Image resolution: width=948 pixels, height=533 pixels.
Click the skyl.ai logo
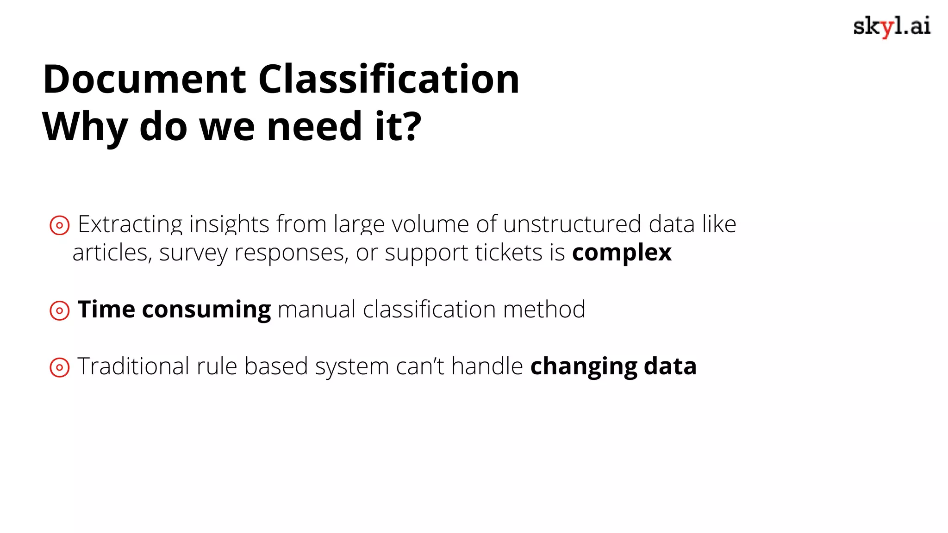[892, 27]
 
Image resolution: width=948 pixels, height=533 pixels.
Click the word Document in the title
[144, 79]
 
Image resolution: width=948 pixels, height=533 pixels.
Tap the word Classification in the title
[388, 79]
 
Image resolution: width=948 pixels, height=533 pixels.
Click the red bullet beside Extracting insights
[60, 225]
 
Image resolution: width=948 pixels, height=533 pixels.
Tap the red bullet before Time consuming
[60, 310]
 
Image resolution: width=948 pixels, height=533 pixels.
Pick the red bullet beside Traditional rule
[60, 367]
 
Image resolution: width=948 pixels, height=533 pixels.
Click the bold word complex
[622, 253]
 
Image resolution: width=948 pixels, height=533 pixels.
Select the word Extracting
[130, 225]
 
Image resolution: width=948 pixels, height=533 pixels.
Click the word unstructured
[572, 224]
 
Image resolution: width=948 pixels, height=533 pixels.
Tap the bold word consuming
[206, 310]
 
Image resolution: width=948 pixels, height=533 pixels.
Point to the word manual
[317, 310]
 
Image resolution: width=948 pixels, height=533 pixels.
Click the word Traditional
[133, 366]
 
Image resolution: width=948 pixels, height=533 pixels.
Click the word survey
[193, 253]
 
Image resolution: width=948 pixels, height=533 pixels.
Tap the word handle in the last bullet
[487, 366]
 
